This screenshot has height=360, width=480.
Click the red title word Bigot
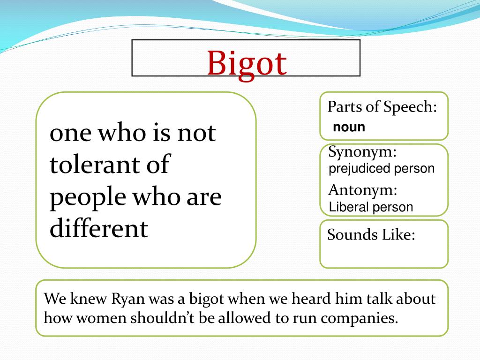247,64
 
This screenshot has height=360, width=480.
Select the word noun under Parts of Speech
349,127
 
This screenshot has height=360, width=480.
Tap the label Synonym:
362,152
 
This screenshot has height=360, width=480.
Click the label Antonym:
363,190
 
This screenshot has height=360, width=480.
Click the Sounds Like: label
371,235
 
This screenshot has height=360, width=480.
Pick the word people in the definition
88,197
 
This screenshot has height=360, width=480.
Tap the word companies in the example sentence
360,319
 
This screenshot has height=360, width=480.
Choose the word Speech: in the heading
410,107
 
